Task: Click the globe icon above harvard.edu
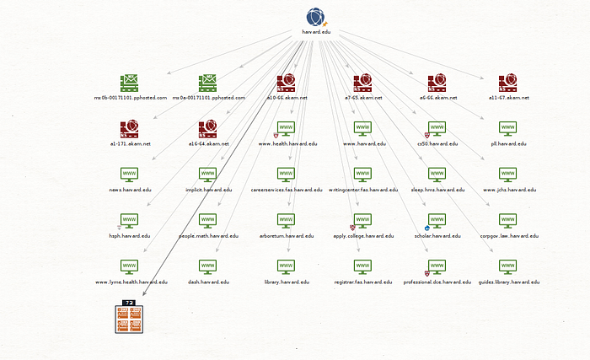click(x=315, y=17)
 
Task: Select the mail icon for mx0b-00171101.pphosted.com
click(x=130, y=83)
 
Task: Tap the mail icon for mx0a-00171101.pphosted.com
click(x=208, y=83)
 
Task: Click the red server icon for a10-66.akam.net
click(x=286, y=83)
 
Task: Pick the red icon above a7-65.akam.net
click(x=363, y=83)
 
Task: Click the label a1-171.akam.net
click(x=130, y=144)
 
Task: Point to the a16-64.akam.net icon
click(x=208, y=128)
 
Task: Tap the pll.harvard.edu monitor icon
click(x=508, y=128)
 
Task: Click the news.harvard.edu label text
click(x=130, y=191)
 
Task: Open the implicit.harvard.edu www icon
click(x=208, y=175)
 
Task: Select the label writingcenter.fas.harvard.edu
click(x=362, y=191)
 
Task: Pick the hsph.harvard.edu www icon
click(x=130, y=221)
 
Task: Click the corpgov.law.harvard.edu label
click(x=508, y=237)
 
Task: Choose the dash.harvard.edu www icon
click(x=208, y=267)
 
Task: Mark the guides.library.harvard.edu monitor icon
click(x=508, y=267)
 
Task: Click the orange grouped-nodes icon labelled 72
click(x=129, y=319)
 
